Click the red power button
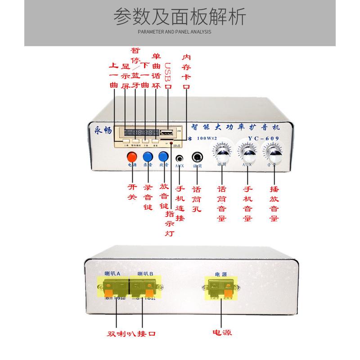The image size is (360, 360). point(131,157)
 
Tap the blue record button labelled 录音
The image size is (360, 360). point(148,157)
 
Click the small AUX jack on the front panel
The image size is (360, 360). point(180,158)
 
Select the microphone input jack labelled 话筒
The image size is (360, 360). point(198,157)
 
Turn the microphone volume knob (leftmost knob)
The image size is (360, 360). point(222,153)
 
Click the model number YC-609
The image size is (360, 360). point(265,138)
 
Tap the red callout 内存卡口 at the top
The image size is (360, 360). point(186,72)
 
